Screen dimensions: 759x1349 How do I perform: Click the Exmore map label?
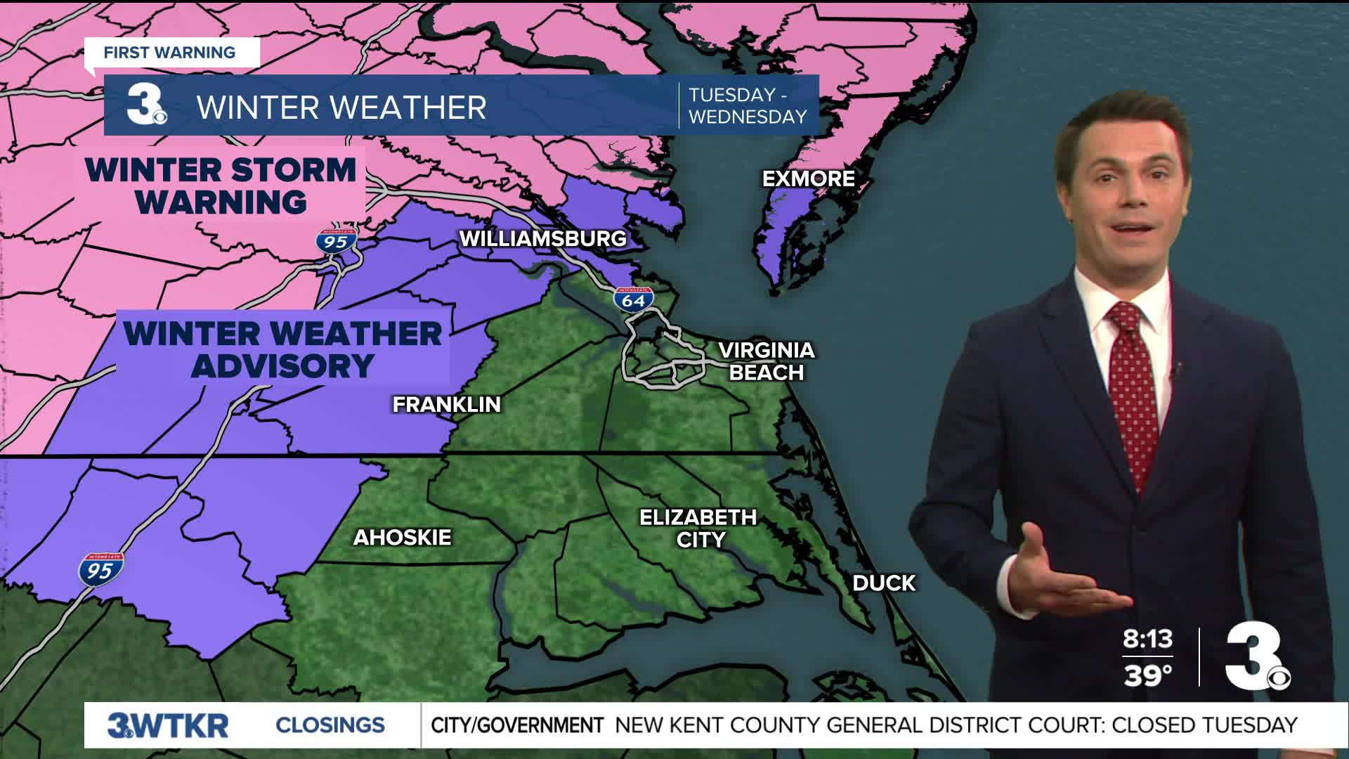(x=809, y=179)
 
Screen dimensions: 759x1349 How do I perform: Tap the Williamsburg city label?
(x=542, y=238)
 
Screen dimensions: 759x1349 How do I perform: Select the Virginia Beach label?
(x=767, y=361)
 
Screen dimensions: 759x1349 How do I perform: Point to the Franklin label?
(x=446, y=404)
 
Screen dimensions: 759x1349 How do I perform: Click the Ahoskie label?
(x=402, y=538)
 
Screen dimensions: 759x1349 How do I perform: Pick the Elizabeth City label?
(x=698, y=528)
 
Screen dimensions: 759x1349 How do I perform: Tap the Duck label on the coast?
(x=884, y=583)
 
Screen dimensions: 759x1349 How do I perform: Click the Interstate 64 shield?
(x=633, y=299)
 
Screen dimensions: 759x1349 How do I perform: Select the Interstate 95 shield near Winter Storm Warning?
(x=336, y=241)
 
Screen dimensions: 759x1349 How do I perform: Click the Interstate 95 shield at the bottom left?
(x=100, y=569)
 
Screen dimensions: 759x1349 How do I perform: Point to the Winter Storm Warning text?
(x=221, y=186)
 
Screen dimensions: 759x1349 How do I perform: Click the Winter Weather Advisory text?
(x=282, y=349)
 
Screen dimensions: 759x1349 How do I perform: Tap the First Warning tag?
(x=169, y=53)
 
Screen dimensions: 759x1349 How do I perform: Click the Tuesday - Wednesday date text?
(x=748, y=105)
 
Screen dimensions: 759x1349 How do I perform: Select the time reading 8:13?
(x=1147, y=639)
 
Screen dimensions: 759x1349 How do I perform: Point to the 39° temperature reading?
(x=1147, y=675)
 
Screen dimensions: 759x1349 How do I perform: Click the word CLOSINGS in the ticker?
(x=330, y=725)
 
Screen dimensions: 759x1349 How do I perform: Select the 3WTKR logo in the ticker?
(x=168, y=725)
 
